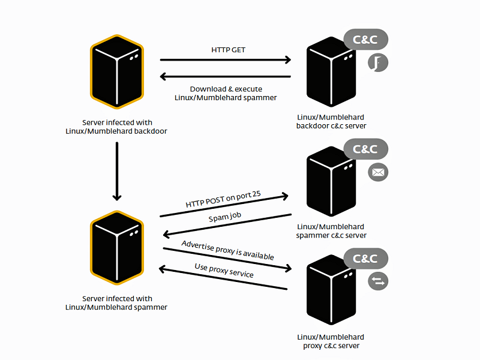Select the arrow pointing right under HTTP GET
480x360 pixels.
click(x=225, y=60)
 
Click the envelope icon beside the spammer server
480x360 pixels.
click(x=378, y=173)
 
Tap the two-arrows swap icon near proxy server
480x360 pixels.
click(x=378, y=281)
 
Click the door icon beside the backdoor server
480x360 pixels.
click(x=378, y=62)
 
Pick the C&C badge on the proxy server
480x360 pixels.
click(x=365, y=259)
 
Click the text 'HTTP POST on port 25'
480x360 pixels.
click(x=227, y=199)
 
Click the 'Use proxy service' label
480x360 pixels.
click(x=223, y=270)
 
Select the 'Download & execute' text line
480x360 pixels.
click(x=226, y=89)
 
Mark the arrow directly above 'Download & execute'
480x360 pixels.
click(x=225, y=76)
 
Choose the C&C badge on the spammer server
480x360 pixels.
click(x=365, y=149)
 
